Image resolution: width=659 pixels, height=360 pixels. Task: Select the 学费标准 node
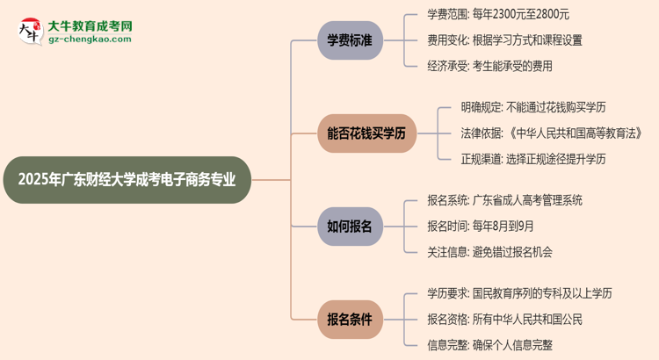point(350,40)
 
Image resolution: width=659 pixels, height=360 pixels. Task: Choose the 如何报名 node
point(350,226)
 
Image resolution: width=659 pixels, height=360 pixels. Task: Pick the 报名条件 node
point(350,319)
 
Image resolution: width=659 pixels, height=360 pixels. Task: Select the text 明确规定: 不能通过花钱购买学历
point(533,108)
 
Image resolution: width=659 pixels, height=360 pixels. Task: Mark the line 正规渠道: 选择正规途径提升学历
point(533,159)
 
